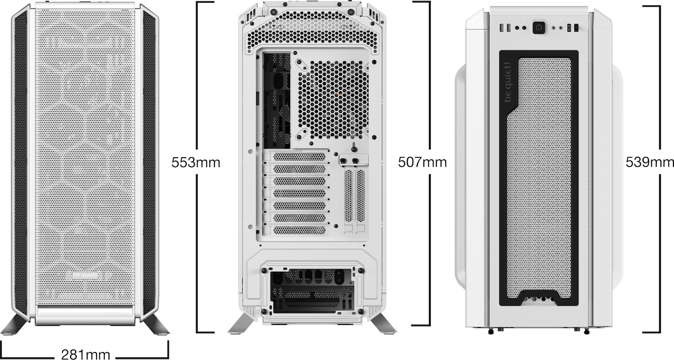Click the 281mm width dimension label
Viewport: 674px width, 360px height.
coord(86,354)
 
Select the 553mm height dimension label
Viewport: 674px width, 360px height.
coord(196,163)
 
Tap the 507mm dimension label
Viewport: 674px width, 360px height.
coord(423,162)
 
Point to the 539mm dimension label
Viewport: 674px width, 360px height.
coord(650,162)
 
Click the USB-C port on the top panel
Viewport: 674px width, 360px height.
coord(569,28)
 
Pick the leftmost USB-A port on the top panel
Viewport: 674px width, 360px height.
coord(502,28)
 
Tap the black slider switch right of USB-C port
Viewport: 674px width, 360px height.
coord(576,28)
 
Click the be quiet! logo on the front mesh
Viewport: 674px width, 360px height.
coord(86,275)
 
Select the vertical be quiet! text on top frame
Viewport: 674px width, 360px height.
coord(508,82)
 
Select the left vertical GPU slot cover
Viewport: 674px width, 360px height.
coord(348,196)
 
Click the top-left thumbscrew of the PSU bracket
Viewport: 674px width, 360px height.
coord(265,271)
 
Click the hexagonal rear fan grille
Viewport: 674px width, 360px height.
coord(334,99)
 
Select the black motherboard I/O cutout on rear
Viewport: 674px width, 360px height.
coord(277,100)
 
